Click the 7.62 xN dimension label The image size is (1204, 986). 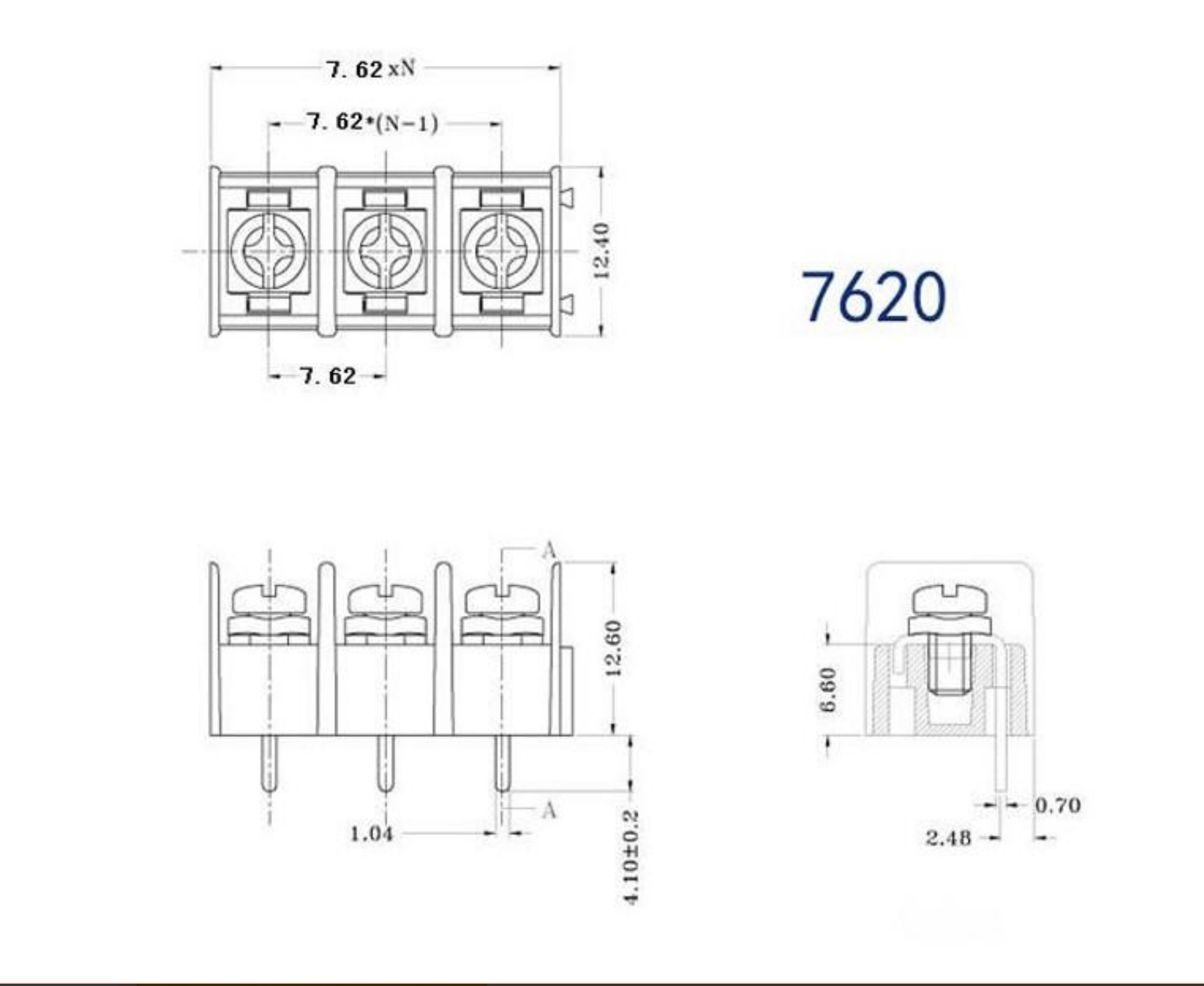point(371,70)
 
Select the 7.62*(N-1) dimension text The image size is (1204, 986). point(372,123)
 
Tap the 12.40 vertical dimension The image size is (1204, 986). point(601,251)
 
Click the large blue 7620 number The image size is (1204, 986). point(873,297)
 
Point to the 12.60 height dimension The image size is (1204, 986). point(613,648)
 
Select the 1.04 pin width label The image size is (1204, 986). point(371,834)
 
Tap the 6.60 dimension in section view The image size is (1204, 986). point(828,689)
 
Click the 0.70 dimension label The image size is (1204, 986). point(1057,806)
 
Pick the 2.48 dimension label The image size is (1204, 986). point(948,838)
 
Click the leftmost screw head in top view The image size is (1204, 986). point(269,251)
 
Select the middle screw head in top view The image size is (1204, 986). point(385,251)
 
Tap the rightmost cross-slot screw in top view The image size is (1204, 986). point(502,251)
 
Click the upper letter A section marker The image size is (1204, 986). point(548,550)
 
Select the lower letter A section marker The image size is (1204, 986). point(548,810)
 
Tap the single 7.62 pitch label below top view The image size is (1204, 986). point(328,376)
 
